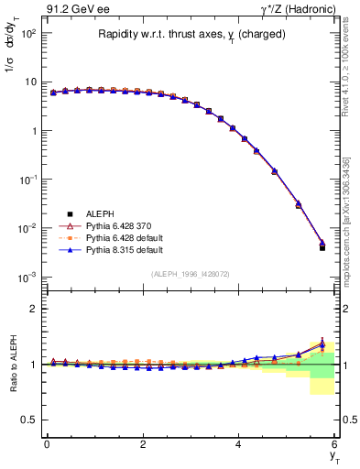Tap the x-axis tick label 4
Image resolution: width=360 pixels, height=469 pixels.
coord(238,443)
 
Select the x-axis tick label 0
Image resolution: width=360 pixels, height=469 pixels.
coord(47,443)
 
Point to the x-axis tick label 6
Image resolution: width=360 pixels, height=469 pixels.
coord(334,443)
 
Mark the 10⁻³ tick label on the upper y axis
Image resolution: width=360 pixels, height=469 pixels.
coord(27,277)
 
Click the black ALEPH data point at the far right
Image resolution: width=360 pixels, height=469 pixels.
coord(322,247)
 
